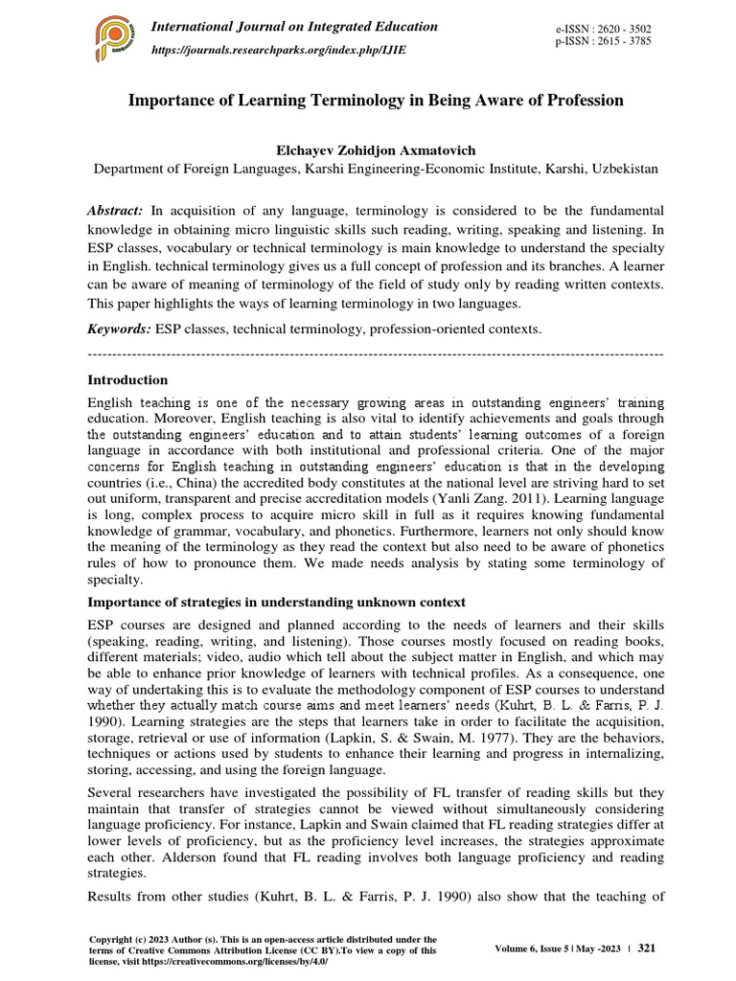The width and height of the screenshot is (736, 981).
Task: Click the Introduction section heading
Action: coord(127,379)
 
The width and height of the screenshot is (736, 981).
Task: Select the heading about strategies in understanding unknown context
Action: coord(276,602)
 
